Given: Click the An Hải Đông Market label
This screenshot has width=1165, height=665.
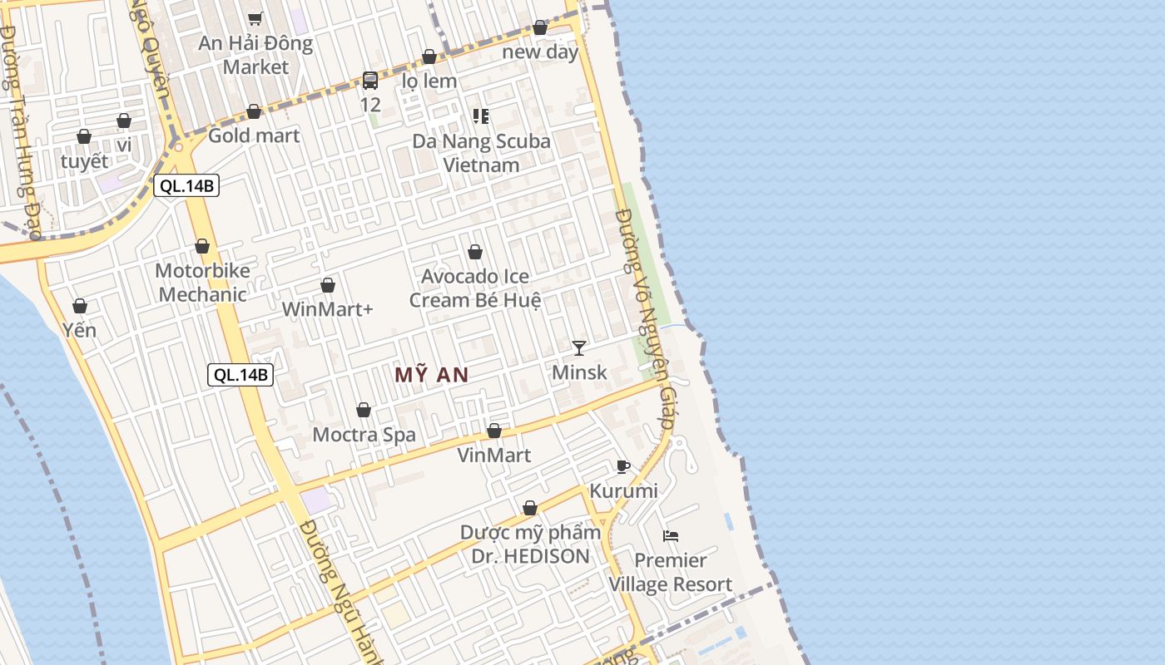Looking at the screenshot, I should coord(255,55).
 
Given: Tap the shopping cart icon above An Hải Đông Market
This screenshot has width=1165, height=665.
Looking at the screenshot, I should coord(255,18).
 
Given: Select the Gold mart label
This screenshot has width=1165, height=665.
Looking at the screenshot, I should coord(254,135).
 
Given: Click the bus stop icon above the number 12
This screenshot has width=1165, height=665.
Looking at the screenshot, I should coord(370,81).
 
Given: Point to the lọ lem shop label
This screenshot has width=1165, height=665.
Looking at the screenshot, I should coord(429,81).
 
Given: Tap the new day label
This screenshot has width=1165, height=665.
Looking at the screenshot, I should coord(540,52).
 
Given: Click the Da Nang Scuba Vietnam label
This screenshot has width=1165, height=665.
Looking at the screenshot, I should coord(481,153).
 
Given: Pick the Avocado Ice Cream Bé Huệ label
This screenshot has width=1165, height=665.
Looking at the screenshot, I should coord(475,288).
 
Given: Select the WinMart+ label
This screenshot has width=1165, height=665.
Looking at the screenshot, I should coord(328,309).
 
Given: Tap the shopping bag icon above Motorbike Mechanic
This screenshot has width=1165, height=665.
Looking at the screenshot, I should coord(202,246).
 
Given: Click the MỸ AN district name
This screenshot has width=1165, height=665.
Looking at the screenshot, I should coord(431,375).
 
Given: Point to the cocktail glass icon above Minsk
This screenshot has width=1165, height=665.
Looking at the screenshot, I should coord(579,347).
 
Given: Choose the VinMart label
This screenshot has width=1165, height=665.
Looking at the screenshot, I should coord(494,455).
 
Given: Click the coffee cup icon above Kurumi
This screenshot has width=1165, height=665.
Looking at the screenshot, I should coord(623,466).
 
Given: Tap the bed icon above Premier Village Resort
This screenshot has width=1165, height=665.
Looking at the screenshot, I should coord(671,535).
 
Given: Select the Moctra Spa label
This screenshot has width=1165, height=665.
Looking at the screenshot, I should coord(364,434).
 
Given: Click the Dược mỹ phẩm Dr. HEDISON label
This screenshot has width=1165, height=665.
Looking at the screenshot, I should coord(530,544).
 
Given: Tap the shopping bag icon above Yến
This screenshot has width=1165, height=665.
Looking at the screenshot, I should coord(80,306).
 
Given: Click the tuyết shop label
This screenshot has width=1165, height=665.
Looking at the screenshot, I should coord(84,161).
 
